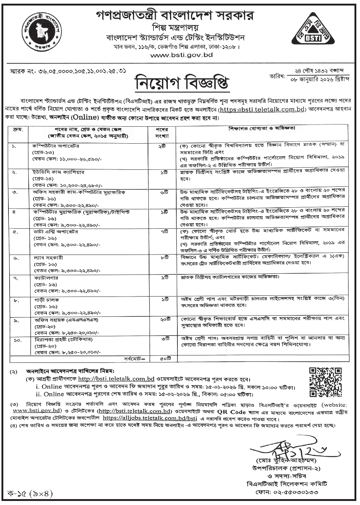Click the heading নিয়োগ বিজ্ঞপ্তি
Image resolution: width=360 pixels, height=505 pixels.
[180, 84]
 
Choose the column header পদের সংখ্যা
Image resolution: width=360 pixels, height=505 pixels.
[165, 132]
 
